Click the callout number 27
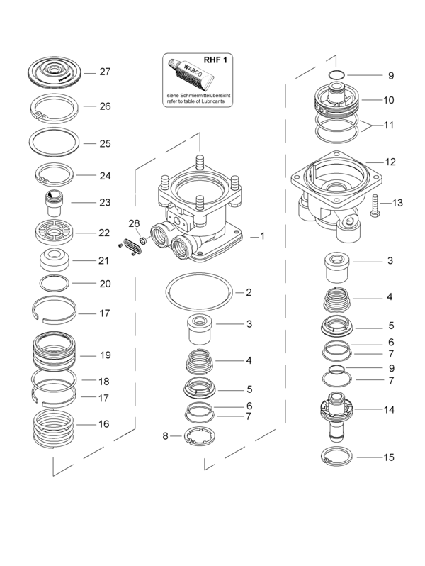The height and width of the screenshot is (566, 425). (x=105, y=72)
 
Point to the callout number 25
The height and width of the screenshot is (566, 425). (x=105, y=143)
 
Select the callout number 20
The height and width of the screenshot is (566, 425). (x=105, y=283)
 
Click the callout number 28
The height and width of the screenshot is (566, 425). (x=134, y=224)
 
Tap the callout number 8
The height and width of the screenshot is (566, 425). (x=166, y=435)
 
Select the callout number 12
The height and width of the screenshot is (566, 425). (x=390, y=162)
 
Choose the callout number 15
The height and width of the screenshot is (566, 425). (x=389, y=457)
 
